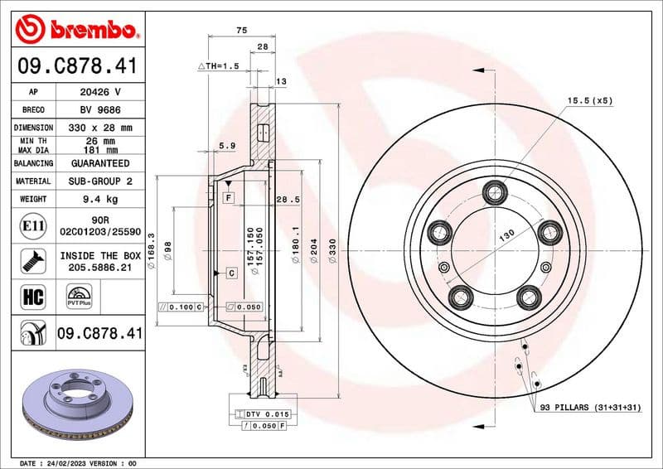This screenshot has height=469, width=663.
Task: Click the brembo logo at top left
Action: pos(75,31)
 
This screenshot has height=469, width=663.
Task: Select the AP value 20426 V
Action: pos(106,92)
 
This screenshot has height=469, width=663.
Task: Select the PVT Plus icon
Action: pos(80,297)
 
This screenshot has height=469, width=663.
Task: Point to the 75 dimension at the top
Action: pos(241,30)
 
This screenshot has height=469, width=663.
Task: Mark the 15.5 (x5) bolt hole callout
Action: pos(589,100)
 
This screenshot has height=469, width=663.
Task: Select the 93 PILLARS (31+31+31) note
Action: pos(589,408)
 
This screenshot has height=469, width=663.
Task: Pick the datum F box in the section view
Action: pos(228,197)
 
